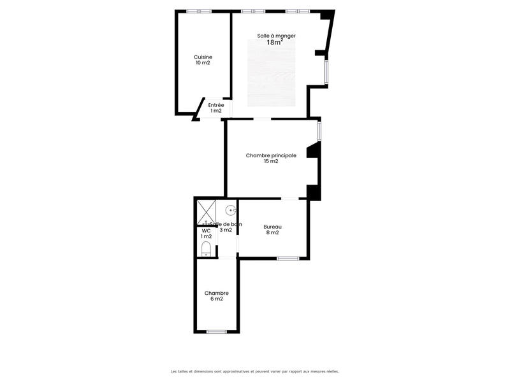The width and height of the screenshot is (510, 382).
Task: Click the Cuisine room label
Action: [x=203, y=57]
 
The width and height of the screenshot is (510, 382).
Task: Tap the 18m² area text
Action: [x=275, y=43]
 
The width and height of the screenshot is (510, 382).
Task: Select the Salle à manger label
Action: [x=276, y=36]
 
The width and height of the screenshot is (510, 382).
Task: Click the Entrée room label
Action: [x=216, y=105]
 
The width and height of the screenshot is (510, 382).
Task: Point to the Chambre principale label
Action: [x=271, y=155]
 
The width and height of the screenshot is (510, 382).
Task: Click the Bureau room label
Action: [x=273, y=227]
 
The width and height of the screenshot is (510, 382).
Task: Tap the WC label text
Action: [x=206, y=231]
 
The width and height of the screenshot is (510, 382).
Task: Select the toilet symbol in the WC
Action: [x=206, y=248]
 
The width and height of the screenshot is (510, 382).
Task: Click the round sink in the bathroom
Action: [x=231, y=209]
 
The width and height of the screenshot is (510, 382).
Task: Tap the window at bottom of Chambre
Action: [x=217, y=332]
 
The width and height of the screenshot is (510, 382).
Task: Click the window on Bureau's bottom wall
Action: [x=288, y=258]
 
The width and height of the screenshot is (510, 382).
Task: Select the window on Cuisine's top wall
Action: [x=203, y=11]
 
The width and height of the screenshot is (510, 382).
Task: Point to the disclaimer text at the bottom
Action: [x=255, y=371]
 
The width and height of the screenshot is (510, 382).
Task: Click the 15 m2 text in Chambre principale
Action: [x=271, y=162]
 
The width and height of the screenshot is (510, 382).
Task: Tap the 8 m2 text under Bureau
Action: [x=273, y=233]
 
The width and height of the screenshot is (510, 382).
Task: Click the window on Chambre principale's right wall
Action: [x=319, y=130]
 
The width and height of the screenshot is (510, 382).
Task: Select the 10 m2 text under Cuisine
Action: [x=203, y=63]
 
